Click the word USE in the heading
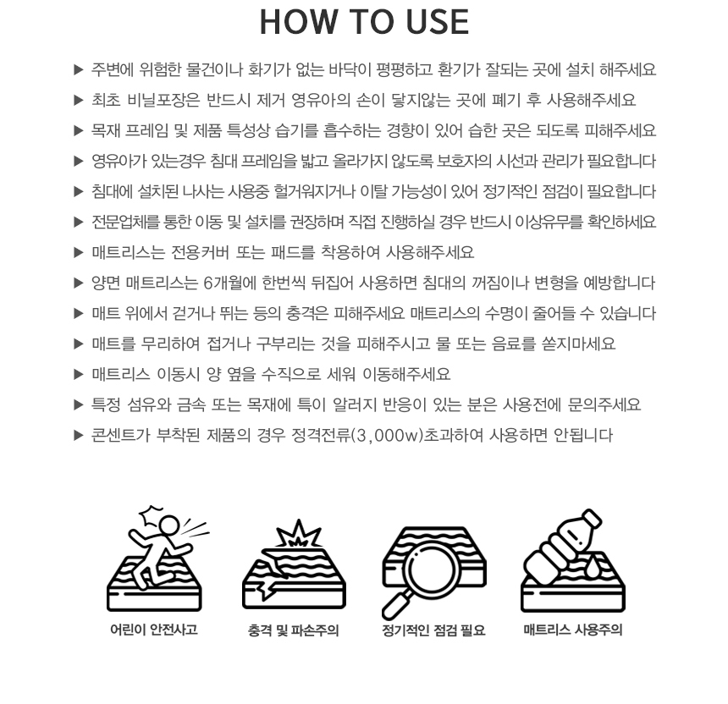pos(437,22)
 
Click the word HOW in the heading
pos(299,22)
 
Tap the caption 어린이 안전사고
pos(154,630)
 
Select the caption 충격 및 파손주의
pos(294,630)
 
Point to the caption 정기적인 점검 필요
pos(433,630)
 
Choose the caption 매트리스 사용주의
pos(573,630)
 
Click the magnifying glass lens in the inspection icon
pos(429,568)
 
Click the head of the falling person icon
pos(168,525)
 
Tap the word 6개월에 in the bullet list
pos(229,283)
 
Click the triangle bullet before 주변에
pos(79,69)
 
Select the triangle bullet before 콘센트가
pos(79,435)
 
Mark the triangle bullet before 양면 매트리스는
pos(79,283)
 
